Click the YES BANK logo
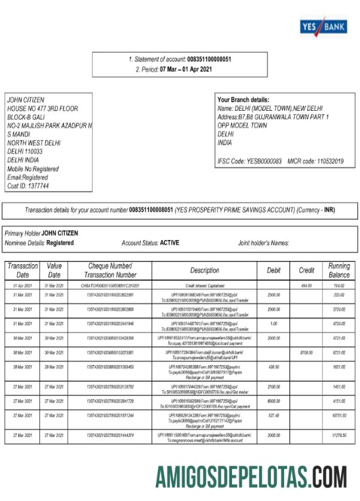pos(322,26)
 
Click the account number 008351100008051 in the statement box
pos(209,59)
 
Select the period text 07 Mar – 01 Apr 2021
pos(185,69)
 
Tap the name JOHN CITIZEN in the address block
pos(25,100)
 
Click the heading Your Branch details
pos(243,100)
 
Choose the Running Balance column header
pos(339,271)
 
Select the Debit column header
pos(274,271)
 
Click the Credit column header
pos(306,271)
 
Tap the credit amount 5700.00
pos(306,353)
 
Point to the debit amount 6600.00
pos(274,400)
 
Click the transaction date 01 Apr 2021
pos(23,286)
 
